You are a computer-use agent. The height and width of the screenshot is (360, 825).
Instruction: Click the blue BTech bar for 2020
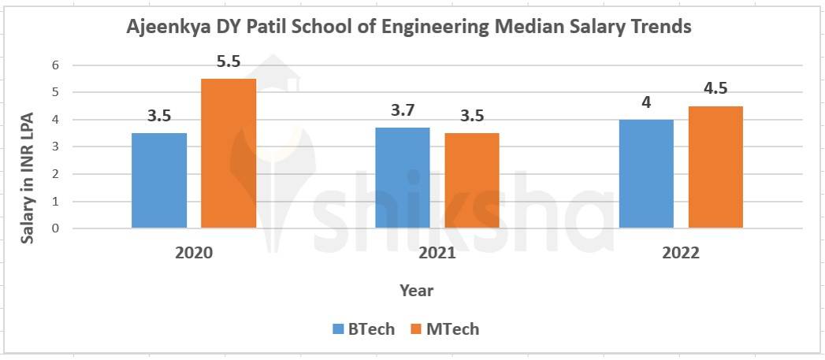coord(159,180)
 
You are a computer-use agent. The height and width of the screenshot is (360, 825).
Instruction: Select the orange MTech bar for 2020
coord(229,154)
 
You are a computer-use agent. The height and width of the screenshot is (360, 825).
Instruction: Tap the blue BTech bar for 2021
coord(403,178)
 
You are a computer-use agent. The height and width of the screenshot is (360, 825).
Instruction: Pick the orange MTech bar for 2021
coord(471,180)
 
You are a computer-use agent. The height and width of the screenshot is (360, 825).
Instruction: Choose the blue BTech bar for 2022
coord(646,174)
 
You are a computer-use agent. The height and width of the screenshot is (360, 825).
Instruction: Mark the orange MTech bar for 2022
coord(715,167)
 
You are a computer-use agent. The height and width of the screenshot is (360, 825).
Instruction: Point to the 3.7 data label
coord(403,109)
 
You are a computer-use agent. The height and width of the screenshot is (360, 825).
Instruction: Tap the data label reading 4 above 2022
coord(646,102)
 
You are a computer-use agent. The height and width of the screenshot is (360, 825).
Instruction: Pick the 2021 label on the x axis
coord(437,254)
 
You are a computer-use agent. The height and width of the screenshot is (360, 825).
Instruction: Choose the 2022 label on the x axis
coord(681,254)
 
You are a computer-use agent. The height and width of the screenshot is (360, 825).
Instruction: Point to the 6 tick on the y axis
coord(55,65)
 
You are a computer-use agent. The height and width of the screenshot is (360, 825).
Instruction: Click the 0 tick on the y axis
coord(55,228)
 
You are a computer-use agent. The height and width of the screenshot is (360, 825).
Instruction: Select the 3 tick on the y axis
coord(55,147)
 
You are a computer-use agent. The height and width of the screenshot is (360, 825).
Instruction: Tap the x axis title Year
coord(416,291)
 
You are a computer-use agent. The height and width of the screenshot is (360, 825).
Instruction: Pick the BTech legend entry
coord(363,329)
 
